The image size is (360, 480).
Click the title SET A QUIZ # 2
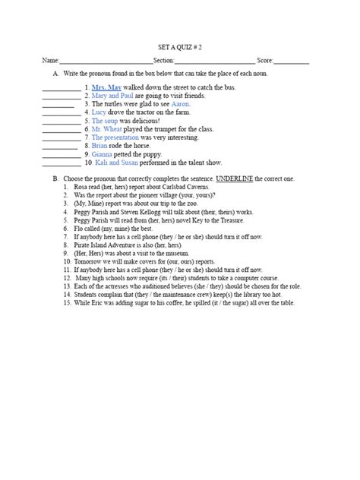tap(179, 47)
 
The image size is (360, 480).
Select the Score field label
tap(265, 61)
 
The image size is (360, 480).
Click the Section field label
tap(164, 61)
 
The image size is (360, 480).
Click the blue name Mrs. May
tap(106, 88)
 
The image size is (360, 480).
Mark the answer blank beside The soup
tap(62, 122)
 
